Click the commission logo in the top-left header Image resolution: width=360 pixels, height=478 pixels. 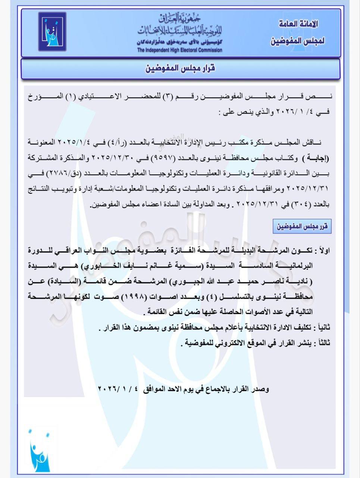pyautogui.click(x=52, y=32)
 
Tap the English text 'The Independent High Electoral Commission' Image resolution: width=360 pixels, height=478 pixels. pyautogui.click(x=179, y=50)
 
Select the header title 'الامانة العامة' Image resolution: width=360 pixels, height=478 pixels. pyautogui.click(x=298, y=24)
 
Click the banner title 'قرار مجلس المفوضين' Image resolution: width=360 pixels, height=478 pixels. pyautogui.click(x=180, y=69)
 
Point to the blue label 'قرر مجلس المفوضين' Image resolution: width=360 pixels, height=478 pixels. pyautogui.click(x=302, y=226)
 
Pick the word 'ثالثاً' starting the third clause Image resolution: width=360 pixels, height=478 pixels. pyautogui.click(x=322, y=343)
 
